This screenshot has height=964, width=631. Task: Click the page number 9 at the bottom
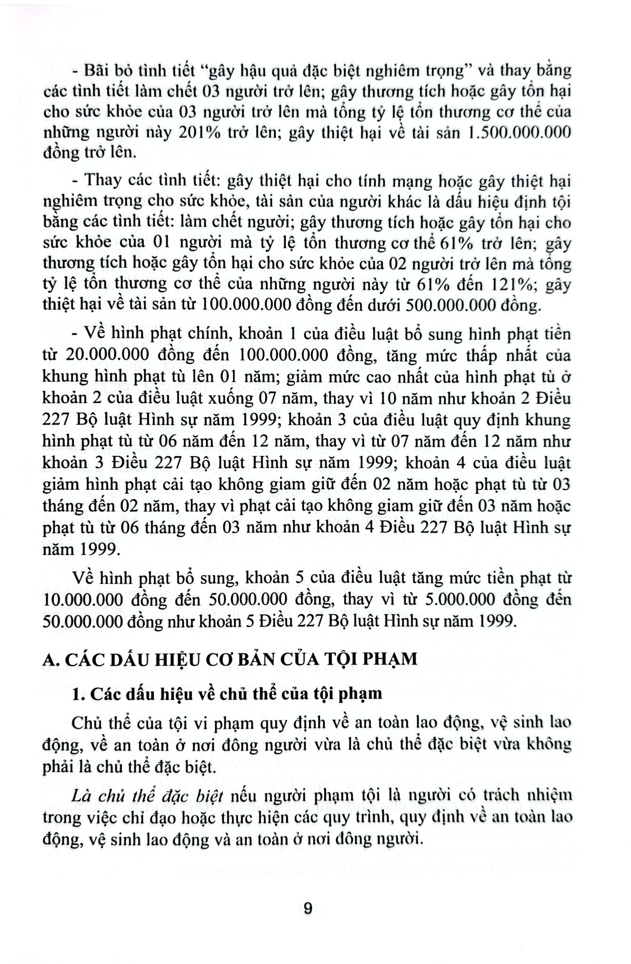(x=308, y=908)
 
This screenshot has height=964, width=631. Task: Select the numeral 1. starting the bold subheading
(x=79, y=693)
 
